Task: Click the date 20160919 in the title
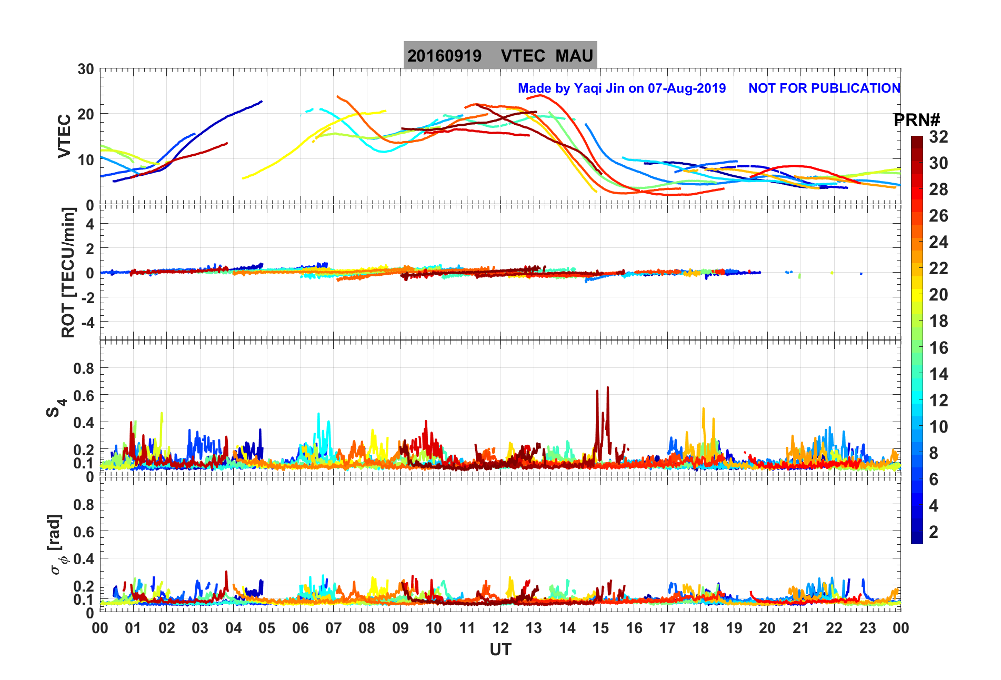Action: [x=444, y=56]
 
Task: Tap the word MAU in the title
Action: [x=574, y=56]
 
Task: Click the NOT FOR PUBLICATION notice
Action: [x=824, y=88]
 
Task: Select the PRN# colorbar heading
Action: [x=916, y=120]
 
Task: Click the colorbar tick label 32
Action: [x=938, y=137]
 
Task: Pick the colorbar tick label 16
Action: [x=938, y=348]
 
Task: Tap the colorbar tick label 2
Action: [x=934, y=532]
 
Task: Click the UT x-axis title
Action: [x=500, y=650]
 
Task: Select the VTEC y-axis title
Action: [x=64, y=136]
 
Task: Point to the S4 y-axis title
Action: [x=55, y=408]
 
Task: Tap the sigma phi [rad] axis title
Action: [x=56, y=545]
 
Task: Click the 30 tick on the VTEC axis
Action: [x=85, y=69]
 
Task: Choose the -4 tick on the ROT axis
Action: [x=85, y=322]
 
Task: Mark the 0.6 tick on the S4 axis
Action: [x=83, y=396]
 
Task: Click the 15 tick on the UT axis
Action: [x=600, y=628]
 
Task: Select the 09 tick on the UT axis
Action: [x=400, y=628]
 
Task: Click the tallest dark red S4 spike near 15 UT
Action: [x=608, y=388]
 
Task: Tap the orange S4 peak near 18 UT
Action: [x=703, y=409]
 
